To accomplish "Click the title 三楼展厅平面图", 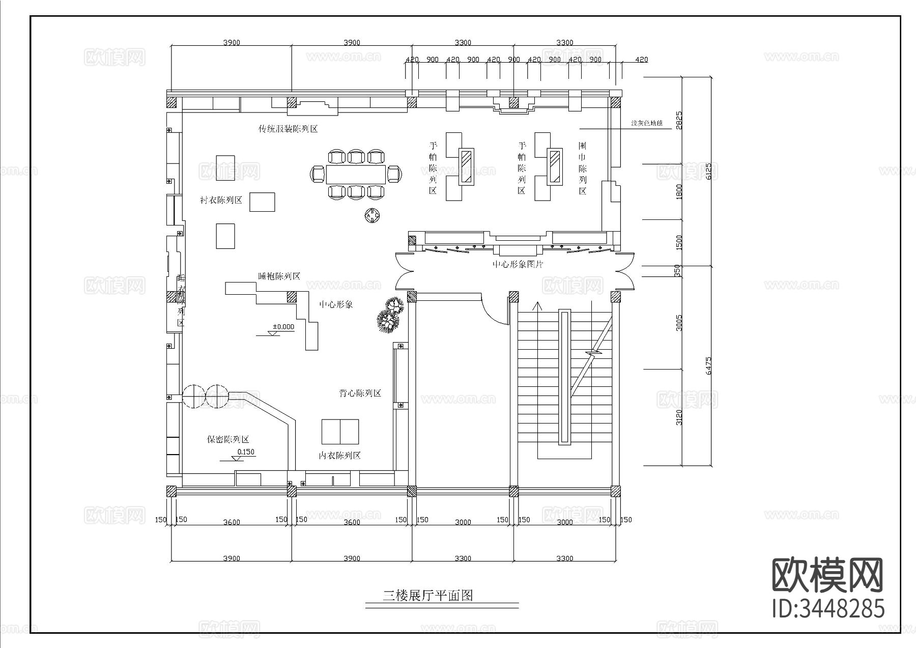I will point(427,595).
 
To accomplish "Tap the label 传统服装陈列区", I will point(288,129).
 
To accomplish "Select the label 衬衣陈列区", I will point(221,200).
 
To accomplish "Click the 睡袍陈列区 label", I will point(279,276).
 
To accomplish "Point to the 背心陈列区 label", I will point(360,393).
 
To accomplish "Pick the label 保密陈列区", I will point(228,439).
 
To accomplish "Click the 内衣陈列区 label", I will point(339,456).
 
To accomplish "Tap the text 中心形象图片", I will point(518,265).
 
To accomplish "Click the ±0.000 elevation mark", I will point(283,327).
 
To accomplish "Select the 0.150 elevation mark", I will point(246,452).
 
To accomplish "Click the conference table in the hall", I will point(356,174).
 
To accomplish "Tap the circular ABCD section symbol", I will point(373,216).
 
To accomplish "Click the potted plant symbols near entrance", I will point(391,316).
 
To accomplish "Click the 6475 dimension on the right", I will point(709,365).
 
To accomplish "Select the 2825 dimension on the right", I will point(679,120).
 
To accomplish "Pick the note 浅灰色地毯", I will point(646,123).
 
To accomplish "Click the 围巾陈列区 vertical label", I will point(582,168).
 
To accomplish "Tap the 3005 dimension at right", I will point(679,323).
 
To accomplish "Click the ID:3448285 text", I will point(828,608).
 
